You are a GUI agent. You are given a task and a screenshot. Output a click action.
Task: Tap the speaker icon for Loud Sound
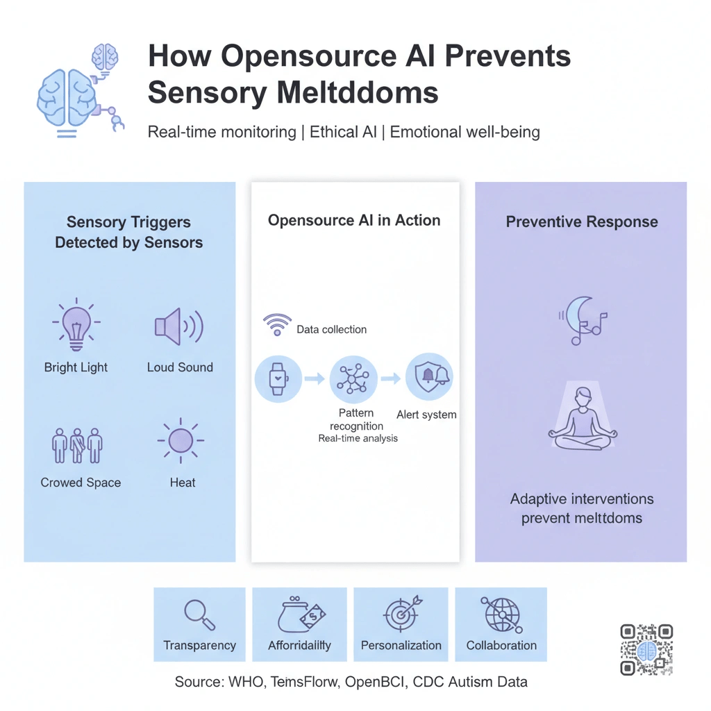pyautogui.click(x=178, y=326)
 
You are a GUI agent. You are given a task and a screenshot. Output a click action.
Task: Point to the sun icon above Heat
pyautogui.click(x=181, y=440)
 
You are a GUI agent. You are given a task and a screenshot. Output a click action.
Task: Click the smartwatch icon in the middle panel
pyautogui.click(x=278, y=378)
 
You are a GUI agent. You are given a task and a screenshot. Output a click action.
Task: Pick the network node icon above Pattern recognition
pyautogui.click(x=353, y=379)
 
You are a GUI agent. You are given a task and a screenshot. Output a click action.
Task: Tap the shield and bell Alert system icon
pyautogui.click(x=429, y=376)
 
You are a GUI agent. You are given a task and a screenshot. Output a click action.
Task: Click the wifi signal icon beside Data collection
pyautogui.click(x=276, y=325)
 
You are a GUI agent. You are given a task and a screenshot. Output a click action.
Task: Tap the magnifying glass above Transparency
pyautogui.click(x=199, y=613)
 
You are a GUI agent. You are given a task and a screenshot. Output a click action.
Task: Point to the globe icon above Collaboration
pyautogui.click(x=501, y=613)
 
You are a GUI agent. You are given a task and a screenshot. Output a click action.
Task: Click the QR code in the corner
pyautogui.click(x=646, y=650)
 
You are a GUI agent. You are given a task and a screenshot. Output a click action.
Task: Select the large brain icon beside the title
pyautogui.click(x=67, y=99)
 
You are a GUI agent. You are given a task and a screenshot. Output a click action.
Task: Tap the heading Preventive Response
pyautogui.click(x=582, y=222)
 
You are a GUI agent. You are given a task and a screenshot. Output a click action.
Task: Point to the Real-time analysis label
pyautogui.click(x=358, y=438)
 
